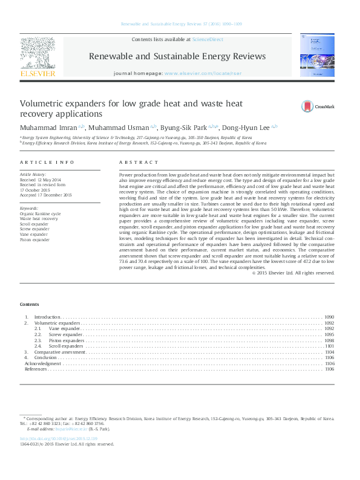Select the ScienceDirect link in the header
(208, 39)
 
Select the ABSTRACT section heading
(134, 163)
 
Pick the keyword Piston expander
(36, 240)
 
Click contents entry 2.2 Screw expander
(66, 334)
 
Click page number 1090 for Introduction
(329, 317)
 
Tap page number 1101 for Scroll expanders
(329, 346)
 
